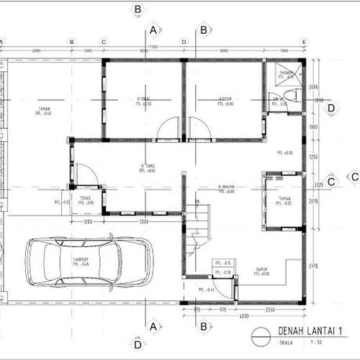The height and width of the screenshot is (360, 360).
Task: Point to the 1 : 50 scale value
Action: point(313,344)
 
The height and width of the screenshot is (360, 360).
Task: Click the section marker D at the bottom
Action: point(137,345)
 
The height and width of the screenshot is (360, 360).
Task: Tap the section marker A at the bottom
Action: point(153,326)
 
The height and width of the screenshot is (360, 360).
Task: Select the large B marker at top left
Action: point(137,9)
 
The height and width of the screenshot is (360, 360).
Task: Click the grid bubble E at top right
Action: point(305,42)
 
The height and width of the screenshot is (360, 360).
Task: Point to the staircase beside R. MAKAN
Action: point(197,230)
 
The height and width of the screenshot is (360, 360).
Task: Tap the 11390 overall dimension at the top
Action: point(153,46)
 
